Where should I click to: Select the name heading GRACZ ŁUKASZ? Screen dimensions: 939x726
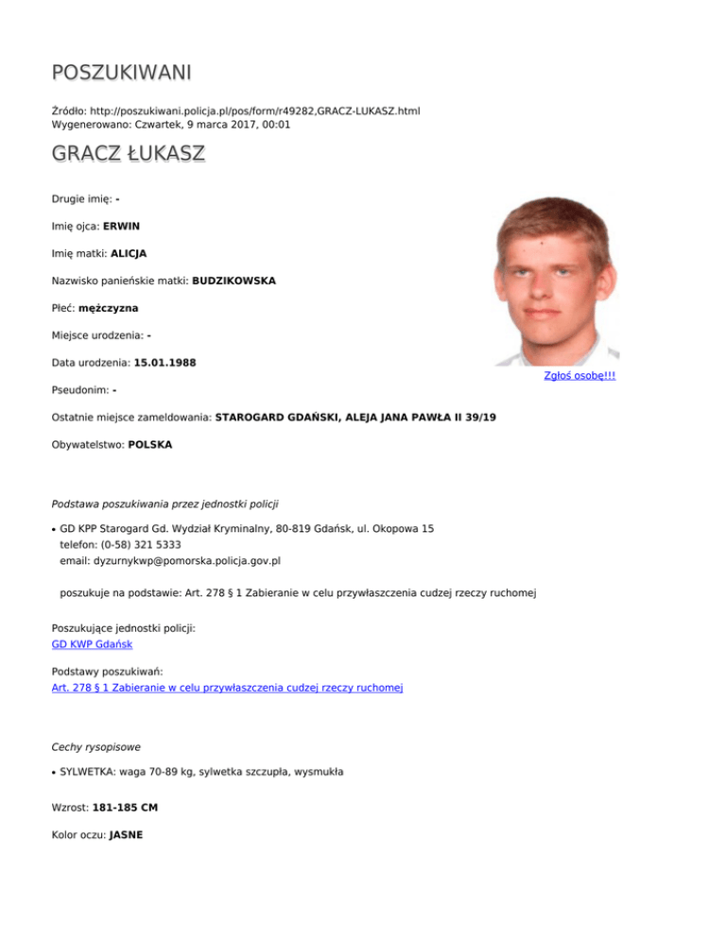pyautogui.click(x=128, y=155)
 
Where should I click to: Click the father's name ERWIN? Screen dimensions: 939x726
pyautogui.click(x=122, y=227)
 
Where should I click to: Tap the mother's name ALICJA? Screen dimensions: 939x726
pyautogui.click(x=129, y=253)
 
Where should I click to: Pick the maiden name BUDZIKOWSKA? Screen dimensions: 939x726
pyautogui.click(x=234, y=281)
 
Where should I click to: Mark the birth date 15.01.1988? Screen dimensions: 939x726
pyautogui.click(x=165, y=362)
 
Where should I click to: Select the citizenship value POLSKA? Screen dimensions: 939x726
pyautogui.click(x=149, y=443)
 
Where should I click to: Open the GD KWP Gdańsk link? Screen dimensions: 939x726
pyautogui.click(x=92, y=643)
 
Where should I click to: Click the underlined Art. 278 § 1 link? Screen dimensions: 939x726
pyautogui.click(x=227, y=688)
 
